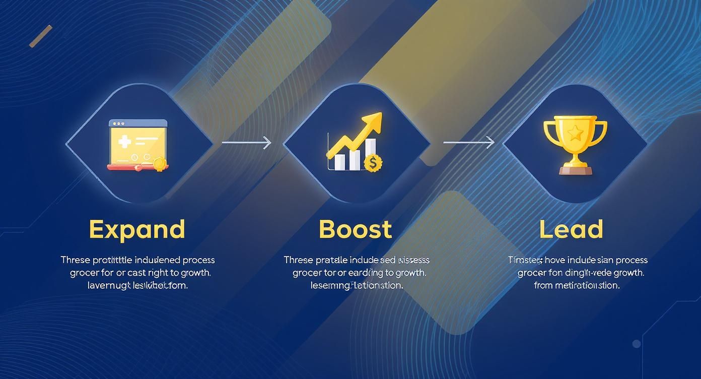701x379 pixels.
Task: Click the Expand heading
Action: pyautogui.click(x=137, y=229)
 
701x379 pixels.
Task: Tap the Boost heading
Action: pyautogui.click(x=355, y=229)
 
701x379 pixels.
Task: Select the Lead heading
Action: pyautogui.click(x=571, y=229)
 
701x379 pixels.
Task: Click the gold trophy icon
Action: pyautogui.click(x=575, y=144)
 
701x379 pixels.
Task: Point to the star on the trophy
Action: pyautogui.click(x=575, y=134)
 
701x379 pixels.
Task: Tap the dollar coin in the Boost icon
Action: pyautogui.click(x=373, y=163)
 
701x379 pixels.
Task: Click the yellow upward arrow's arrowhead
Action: pyautogui.click(x=375, y=121)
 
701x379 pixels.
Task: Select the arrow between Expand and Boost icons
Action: pyautogui.click(x=247, y=143)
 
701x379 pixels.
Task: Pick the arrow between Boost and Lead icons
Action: pyautogui.click(x=469, y=143)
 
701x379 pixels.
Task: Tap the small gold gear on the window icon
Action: pyautogui.click(x=159, y=163)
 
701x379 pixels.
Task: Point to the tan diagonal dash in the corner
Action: pyautogui.click(x=41, y=36)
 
